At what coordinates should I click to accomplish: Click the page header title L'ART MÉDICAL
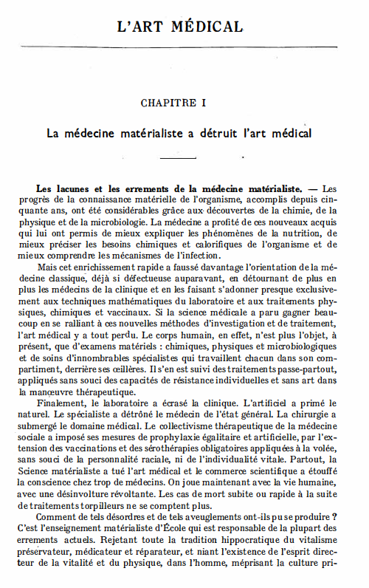[180, 27]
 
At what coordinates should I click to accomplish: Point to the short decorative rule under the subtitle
[179, 158]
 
